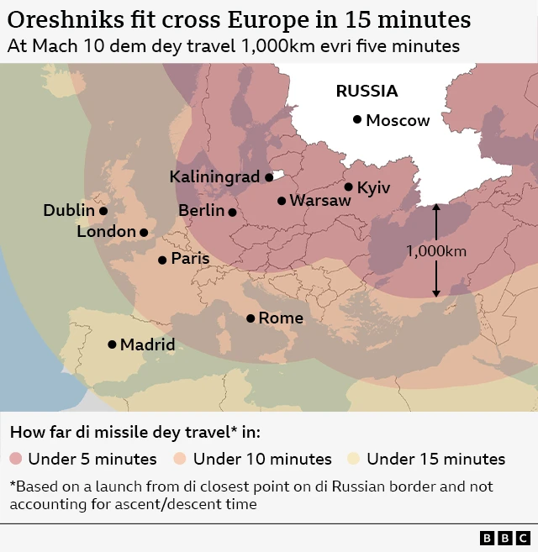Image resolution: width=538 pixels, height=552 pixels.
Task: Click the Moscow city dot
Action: pyautogui.click(x=357, y=120)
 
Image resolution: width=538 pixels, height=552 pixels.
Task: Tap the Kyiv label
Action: pyautogui.click(x=373, y=187)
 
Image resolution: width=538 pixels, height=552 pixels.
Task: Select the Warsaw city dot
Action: pyautogui.click(x=282, y=201)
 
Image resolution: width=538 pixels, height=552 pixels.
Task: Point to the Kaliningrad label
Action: pyautogui.click(x=214, y=177)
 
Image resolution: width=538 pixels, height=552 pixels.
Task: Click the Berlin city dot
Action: pyautogui.click(x=232, y=212)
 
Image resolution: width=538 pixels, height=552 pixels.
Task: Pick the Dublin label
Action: pyautogui.click(x=69, y=211)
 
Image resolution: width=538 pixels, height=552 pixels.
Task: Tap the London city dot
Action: pyautogui.click(x=144, y=232)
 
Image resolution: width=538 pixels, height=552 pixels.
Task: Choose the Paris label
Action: pyautogui.click(x=190, y=259)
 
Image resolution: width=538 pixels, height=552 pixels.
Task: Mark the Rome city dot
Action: pyautogui.click(x=251, y=318)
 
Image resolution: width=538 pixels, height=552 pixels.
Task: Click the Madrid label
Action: pyautogui.click(x=147, y=344)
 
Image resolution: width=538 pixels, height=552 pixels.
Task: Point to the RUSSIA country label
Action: pyautogui.click(x=367, y=92)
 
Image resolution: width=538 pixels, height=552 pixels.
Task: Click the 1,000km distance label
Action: pyautogui.click(x=435, y=250)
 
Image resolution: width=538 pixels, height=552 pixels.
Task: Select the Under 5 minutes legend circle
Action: pyautogui.click(x=16, y=459)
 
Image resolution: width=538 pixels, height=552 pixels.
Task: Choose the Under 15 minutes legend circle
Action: pyautogui.click(x=354, y=459)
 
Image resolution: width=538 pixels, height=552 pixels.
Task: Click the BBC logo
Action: pyautogui.click(x=504, y=538)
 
